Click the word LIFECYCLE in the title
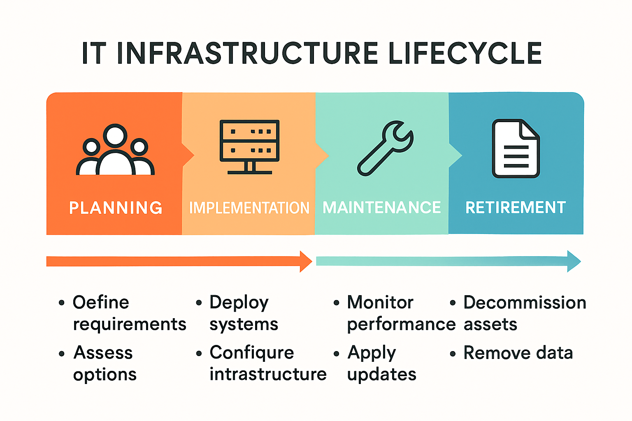click(465, 53)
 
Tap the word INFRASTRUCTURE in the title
click(247, 53)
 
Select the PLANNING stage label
click(116, 208)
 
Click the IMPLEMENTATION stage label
click(249, 208)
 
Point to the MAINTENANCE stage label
click(381, 208)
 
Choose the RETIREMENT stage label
click(516, 208)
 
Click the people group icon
click(115, 150)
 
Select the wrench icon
click(385, 148)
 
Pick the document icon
click(516, 148)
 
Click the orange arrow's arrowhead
click(306, 261)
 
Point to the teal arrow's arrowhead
click(574, 261)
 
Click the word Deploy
click(239, 303)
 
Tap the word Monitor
click(380, 303)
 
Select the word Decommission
click(525, 303)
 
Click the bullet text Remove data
click(518, 353)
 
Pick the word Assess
click(103, 353)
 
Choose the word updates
click(382, 375)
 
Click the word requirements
click(130, 324)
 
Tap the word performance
click(401, 324)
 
